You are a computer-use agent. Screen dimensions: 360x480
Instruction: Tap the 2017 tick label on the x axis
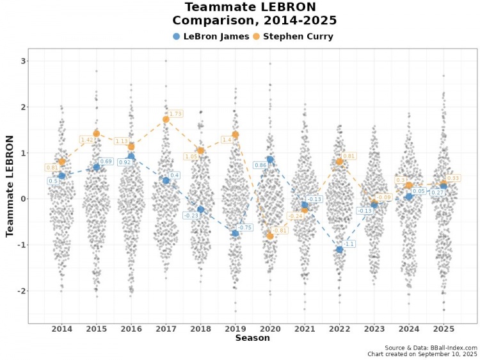tap(166, 329)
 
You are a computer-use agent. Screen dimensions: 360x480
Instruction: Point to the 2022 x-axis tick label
tap(339, 329)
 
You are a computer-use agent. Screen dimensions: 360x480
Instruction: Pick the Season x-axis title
tap(252, 338)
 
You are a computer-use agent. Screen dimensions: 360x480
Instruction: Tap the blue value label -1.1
tap(349, 244)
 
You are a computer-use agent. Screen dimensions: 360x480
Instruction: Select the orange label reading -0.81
tap(280, 231)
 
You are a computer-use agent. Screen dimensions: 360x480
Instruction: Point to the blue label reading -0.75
tap(244, 227)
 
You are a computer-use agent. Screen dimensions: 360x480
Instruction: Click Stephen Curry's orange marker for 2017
tap(166, 119)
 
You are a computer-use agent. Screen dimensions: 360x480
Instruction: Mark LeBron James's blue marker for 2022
tap(339, 249)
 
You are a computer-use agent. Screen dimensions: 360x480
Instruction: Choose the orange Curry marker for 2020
tap(270, 236)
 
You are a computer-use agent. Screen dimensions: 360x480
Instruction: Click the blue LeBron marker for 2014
tap(61, 176)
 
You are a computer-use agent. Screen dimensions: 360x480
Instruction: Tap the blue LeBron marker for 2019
tap(236, 233)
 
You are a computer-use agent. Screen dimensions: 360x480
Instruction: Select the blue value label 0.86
tap(260, 165)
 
